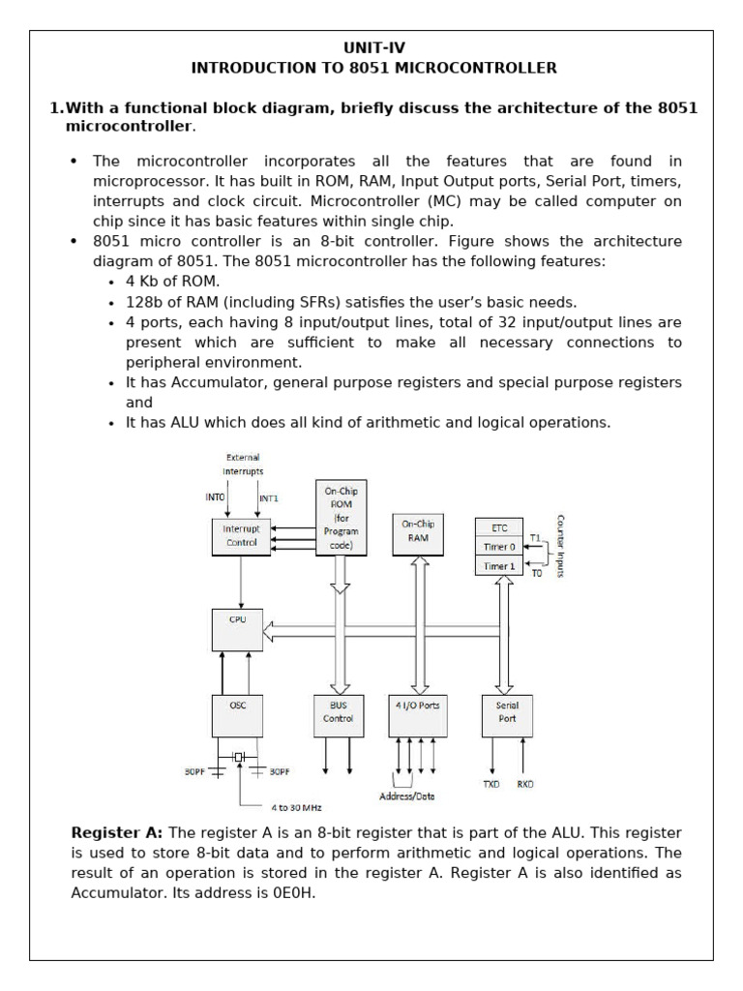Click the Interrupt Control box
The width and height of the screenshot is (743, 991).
tap(240, 535)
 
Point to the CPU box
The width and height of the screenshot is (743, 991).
tap(237, 629)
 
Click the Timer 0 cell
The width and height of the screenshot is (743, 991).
tap(499, 547)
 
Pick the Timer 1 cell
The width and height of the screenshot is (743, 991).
tap(499, 565)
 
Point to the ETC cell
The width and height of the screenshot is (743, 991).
tap(499, 528)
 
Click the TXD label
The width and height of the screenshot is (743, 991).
tap(491, 785)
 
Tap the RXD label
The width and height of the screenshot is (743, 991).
tap(525, 785)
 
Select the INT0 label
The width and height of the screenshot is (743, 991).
tap(215, 497)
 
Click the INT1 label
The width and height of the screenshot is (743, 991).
tap(268, 497)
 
